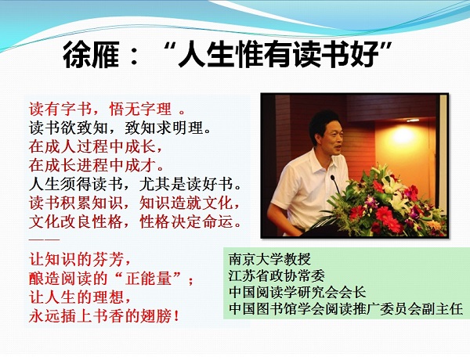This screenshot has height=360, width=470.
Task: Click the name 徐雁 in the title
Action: [91, 55]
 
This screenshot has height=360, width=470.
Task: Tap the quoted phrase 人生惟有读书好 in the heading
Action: [278, 55]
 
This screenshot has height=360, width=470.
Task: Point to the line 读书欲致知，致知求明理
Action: [120, 128]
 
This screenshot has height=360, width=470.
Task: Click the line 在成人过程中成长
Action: [96, 146]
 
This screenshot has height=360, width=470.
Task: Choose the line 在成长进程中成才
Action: [96, 165]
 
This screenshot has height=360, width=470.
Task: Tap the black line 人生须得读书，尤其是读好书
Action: [136, 184]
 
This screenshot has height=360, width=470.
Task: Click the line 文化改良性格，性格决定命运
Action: [136, 221]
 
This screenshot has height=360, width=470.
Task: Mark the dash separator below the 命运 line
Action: [45, 239]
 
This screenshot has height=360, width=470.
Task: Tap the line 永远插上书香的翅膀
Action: [104, 316]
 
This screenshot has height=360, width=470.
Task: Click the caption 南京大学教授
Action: [269, 259]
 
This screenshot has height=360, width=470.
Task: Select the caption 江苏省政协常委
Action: [277, 275]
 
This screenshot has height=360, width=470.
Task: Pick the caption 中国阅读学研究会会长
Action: [298, 292]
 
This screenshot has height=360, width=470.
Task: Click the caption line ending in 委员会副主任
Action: [346, 309]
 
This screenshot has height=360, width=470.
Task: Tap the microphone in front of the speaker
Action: [335, 184]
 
